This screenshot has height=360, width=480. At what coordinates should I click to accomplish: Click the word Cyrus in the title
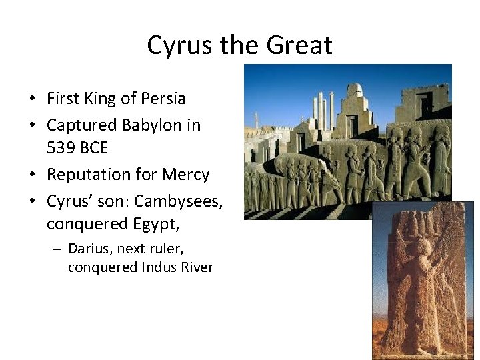(x=175, y=46)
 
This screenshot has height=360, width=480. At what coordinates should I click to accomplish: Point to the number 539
(x=62, y=147)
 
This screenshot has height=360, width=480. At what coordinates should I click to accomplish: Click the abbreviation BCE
(x=95, y=147)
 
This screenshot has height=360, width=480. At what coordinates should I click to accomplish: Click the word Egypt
(x=156, y=225)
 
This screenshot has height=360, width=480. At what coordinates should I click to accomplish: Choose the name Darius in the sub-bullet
(x=91, y=249)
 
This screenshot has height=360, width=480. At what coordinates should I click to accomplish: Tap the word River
(x=197, y=267)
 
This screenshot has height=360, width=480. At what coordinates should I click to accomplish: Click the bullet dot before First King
(x=32, y=99)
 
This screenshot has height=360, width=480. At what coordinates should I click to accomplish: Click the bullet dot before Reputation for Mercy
(x=32, y=175)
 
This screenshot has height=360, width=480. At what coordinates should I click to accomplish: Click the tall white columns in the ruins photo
(x=323, y=110)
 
